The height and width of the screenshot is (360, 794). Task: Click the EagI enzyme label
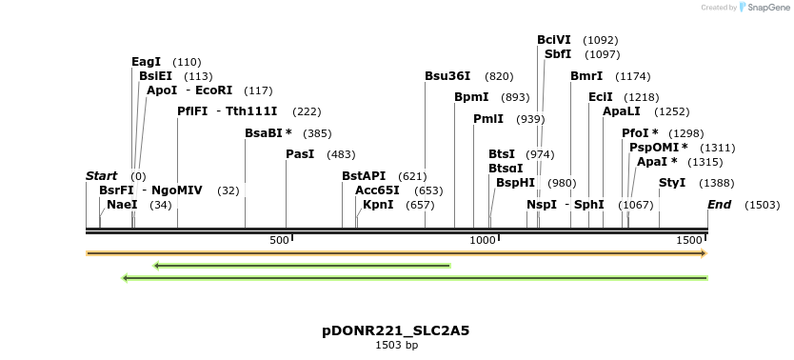point(146,62)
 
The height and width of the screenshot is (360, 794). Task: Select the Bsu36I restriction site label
point(447,76)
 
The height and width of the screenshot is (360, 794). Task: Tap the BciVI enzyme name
point(554,40)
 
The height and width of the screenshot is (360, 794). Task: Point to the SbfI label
point(557,54)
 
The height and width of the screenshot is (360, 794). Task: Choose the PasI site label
point(300,154)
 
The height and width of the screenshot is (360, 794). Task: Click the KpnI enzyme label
point(378,205)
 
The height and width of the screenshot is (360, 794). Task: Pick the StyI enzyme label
point(672,183)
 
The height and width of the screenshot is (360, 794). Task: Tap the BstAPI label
point(364,176)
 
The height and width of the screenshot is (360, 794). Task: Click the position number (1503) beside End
point(762,205)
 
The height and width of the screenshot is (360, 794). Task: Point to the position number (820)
point(499,76)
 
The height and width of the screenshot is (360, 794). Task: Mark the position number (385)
point(317,133)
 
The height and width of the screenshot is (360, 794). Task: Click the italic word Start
point(101,176)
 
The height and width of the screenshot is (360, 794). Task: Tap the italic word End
point(719,205)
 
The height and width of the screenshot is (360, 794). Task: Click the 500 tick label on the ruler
point(279,241)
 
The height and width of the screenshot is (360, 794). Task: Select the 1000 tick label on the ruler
point(481,241)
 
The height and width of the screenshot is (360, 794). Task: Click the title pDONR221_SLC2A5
point(396,331)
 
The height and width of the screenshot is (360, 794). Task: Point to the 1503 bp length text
point(396,346)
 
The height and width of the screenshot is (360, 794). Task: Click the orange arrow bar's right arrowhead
point(704,253)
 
